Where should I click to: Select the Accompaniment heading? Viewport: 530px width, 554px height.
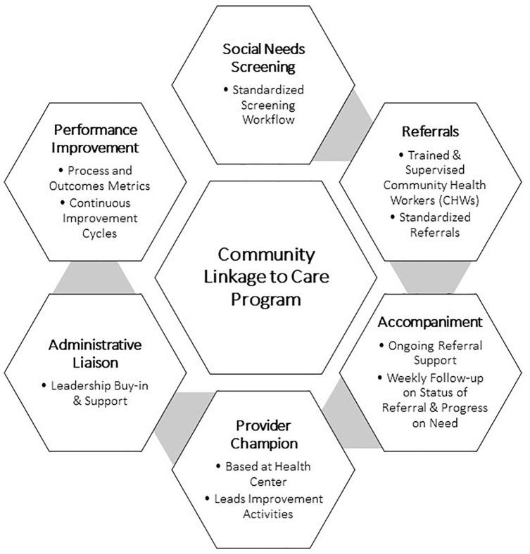(430, 322)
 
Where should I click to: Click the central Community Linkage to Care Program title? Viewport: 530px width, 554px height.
(266, 276)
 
